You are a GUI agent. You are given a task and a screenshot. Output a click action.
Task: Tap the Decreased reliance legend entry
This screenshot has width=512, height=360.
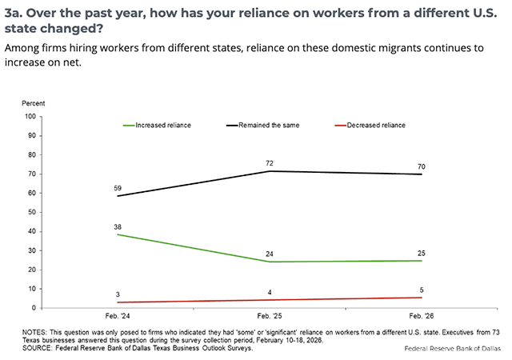pyautogui.click(x=370, y=125)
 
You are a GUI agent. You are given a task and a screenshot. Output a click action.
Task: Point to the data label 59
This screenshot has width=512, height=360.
pyautogui.click(x=118, y=188)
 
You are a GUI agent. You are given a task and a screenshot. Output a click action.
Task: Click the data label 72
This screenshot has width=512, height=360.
pyautogui.click(x=270, y=163)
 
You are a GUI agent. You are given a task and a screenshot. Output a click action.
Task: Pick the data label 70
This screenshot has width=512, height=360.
pyautogui.click(x=422, y=166)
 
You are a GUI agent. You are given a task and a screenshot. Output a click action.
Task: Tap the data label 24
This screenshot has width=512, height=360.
pyautogui.click(x=270, y=254)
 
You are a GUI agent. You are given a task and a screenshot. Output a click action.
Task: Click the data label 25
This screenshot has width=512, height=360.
pyautogui.click(x=422, y=253)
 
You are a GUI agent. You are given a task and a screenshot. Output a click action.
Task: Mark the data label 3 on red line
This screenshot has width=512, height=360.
pyautogui.click(x=118, y=294)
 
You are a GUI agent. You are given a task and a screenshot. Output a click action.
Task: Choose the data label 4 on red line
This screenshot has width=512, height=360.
pyautogui.click(x=270, y=292)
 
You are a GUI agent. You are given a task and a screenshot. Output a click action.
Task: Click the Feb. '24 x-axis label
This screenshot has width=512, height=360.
pyautogui.click(x=118, y=318)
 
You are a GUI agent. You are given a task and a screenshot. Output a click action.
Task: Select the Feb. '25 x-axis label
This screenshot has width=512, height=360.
pyautogui.click(x=270, y=318)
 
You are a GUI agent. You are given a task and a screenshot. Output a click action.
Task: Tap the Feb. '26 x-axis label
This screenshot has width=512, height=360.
pyautogui.click(x=422, y=318)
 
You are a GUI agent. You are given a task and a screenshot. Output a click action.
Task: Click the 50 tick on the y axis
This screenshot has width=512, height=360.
pyautogui.click(x=33, y=212)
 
